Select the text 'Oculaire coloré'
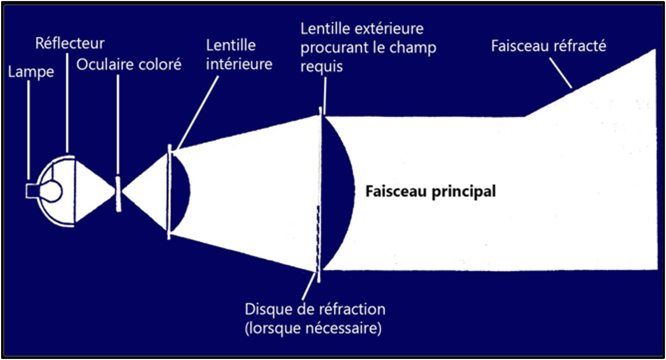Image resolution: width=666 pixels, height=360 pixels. click(x=129, y=64)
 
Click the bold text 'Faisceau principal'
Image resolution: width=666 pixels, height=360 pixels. click(x=430, y=192)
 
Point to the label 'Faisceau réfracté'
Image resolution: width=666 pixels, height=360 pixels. click(x=548, y=46)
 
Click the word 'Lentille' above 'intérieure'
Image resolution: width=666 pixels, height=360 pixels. click(x=231, y=45)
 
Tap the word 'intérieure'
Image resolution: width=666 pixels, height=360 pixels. click(x=239, y=63)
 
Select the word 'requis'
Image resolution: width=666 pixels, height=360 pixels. click(x=322, y=66)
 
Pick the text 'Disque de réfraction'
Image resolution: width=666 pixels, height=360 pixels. click(x=315, y=309)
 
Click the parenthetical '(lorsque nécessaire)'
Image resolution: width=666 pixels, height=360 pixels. click(x=313, y=328)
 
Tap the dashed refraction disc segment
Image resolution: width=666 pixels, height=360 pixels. click(x=318, y=235)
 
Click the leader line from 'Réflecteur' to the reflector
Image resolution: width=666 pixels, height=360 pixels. click(x=68, y=101)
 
